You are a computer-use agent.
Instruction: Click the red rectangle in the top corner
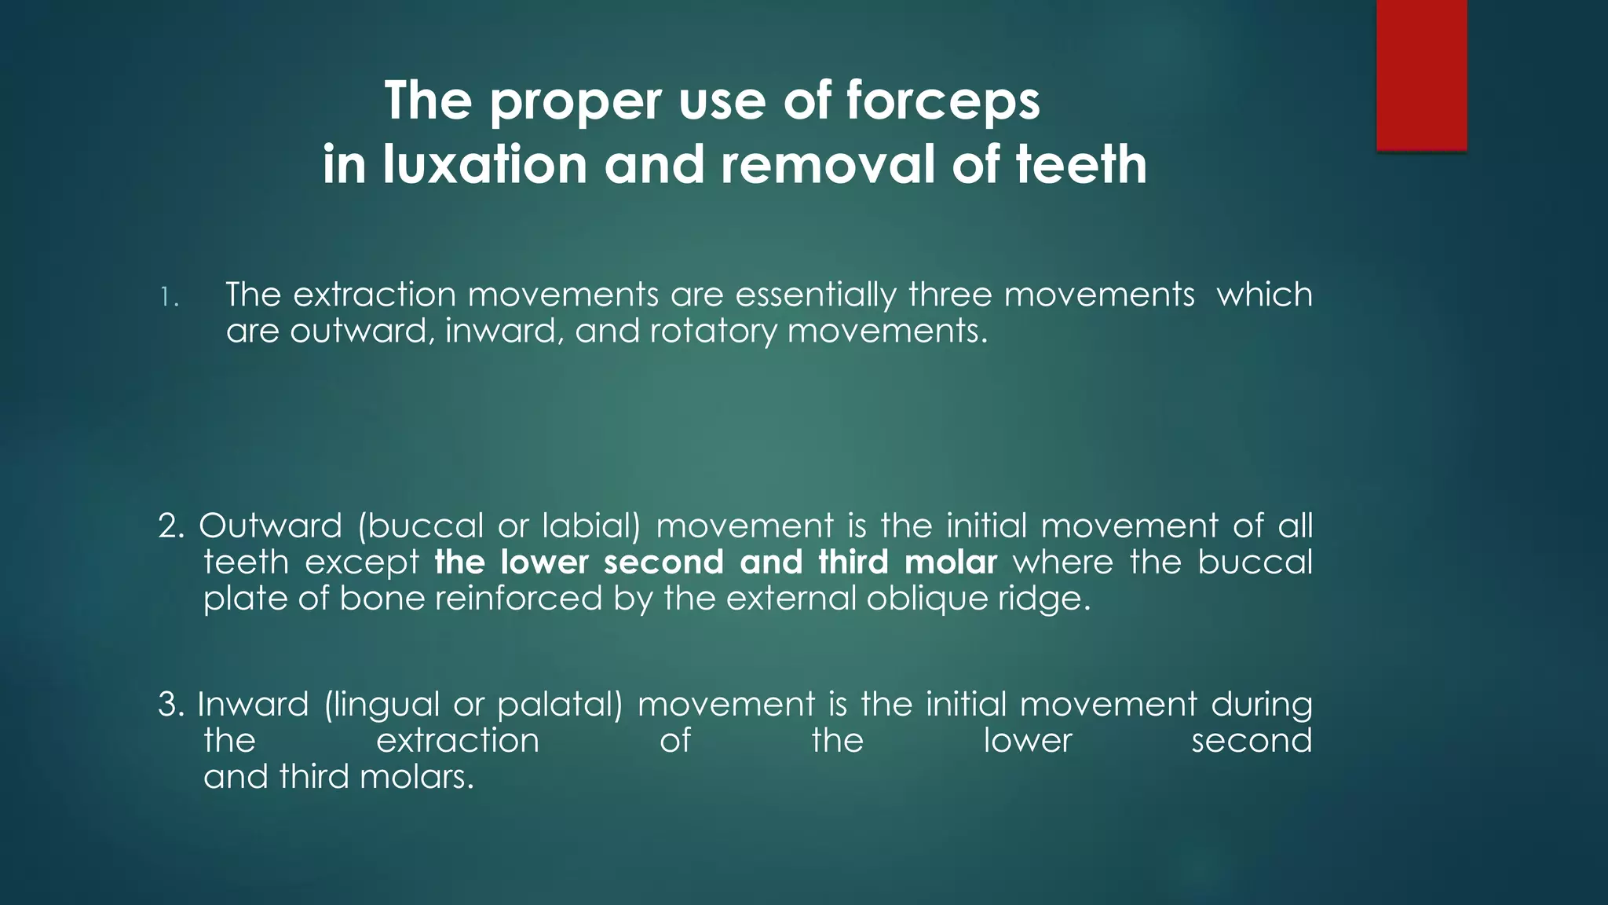[x=1421, y=75]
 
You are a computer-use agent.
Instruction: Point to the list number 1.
[x=168, y=298]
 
